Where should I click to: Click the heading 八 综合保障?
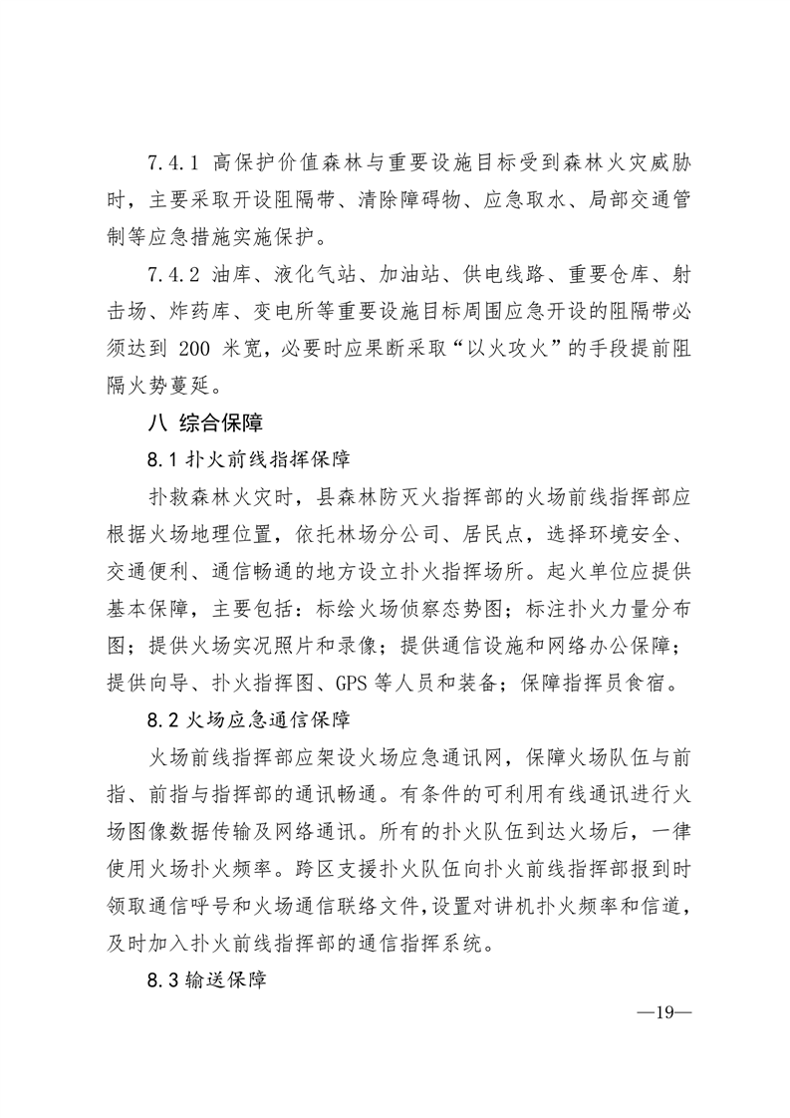pos(204,422)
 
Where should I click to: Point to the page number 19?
pos(663,1013)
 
